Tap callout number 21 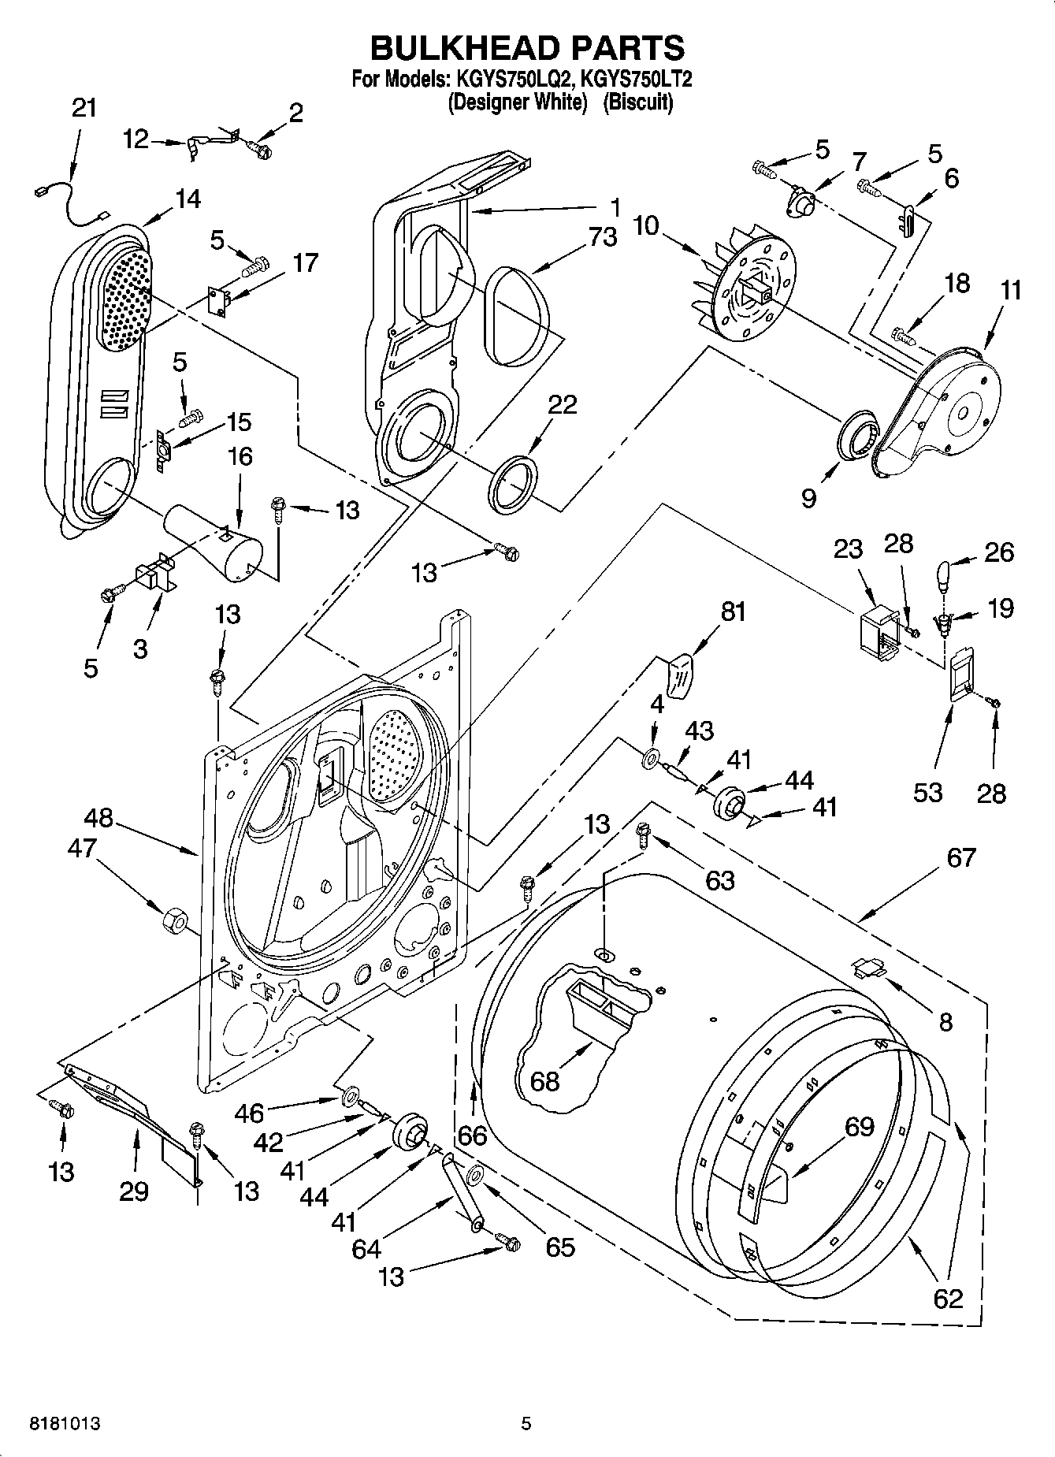pos(84,108)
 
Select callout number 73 pos(603,236)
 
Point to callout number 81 pos(733,611)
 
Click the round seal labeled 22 pos(514,483)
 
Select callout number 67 pos(960,857)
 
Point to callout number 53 pos(927,792)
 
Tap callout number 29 pos(134,1191)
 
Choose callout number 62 pos(948,1298)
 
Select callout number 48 pos(99,820)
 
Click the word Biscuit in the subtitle pos(638,102)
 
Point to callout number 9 pos(808,499)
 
